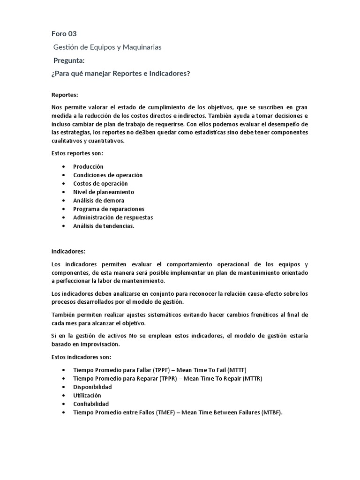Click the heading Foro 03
63,34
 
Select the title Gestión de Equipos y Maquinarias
107,47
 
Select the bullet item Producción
88,166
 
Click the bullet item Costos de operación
100,183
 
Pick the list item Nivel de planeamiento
104,192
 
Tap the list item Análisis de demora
98,200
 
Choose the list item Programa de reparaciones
109,209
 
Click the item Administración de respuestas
113,217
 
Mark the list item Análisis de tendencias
104,225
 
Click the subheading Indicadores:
68,251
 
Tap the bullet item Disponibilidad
92,387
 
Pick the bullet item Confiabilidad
91,404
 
